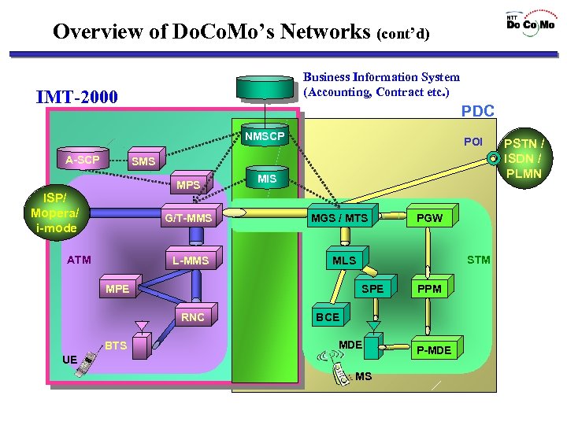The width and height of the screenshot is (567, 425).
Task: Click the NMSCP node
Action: pos(264,137)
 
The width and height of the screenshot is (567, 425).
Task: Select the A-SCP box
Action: pos(82,160)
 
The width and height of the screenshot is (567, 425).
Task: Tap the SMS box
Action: pos(143,161)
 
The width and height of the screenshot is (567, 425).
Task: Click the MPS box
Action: pos(188,186)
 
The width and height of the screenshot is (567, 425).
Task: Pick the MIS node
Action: pos(267,179)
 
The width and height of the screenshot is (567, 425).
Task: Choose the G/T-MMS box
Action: pos(189,218)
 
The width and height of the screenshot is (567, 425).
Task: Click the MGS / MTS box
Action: pos(339,217)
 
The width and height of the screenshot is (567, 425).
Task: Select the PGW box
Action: pos(429,217)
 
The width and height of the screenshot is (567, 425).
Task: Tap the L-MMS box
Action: pos(191,261)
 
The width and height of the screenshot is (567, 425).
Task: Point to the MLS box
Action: pos(344,261)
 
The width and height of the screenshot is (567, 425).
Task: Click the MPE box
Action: pos(117,289)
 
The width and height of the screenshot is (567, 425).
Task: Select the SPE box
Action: pos(372,289)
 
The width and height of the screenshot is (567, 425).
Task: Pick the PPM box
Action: pos(429,289)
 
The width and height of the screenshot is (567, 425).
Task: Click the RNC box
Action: pos(193,317)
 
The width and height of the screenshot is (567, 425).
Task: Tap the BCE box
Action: pos(328,317)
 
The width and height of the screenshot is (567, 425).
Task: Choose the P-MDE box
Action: pos(434,349)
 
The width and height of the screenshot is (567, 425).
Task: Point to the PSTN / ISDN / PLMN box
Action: pos(523,158)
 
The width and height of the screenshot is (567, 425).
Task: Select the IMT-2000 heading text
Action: pos(77,98)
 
